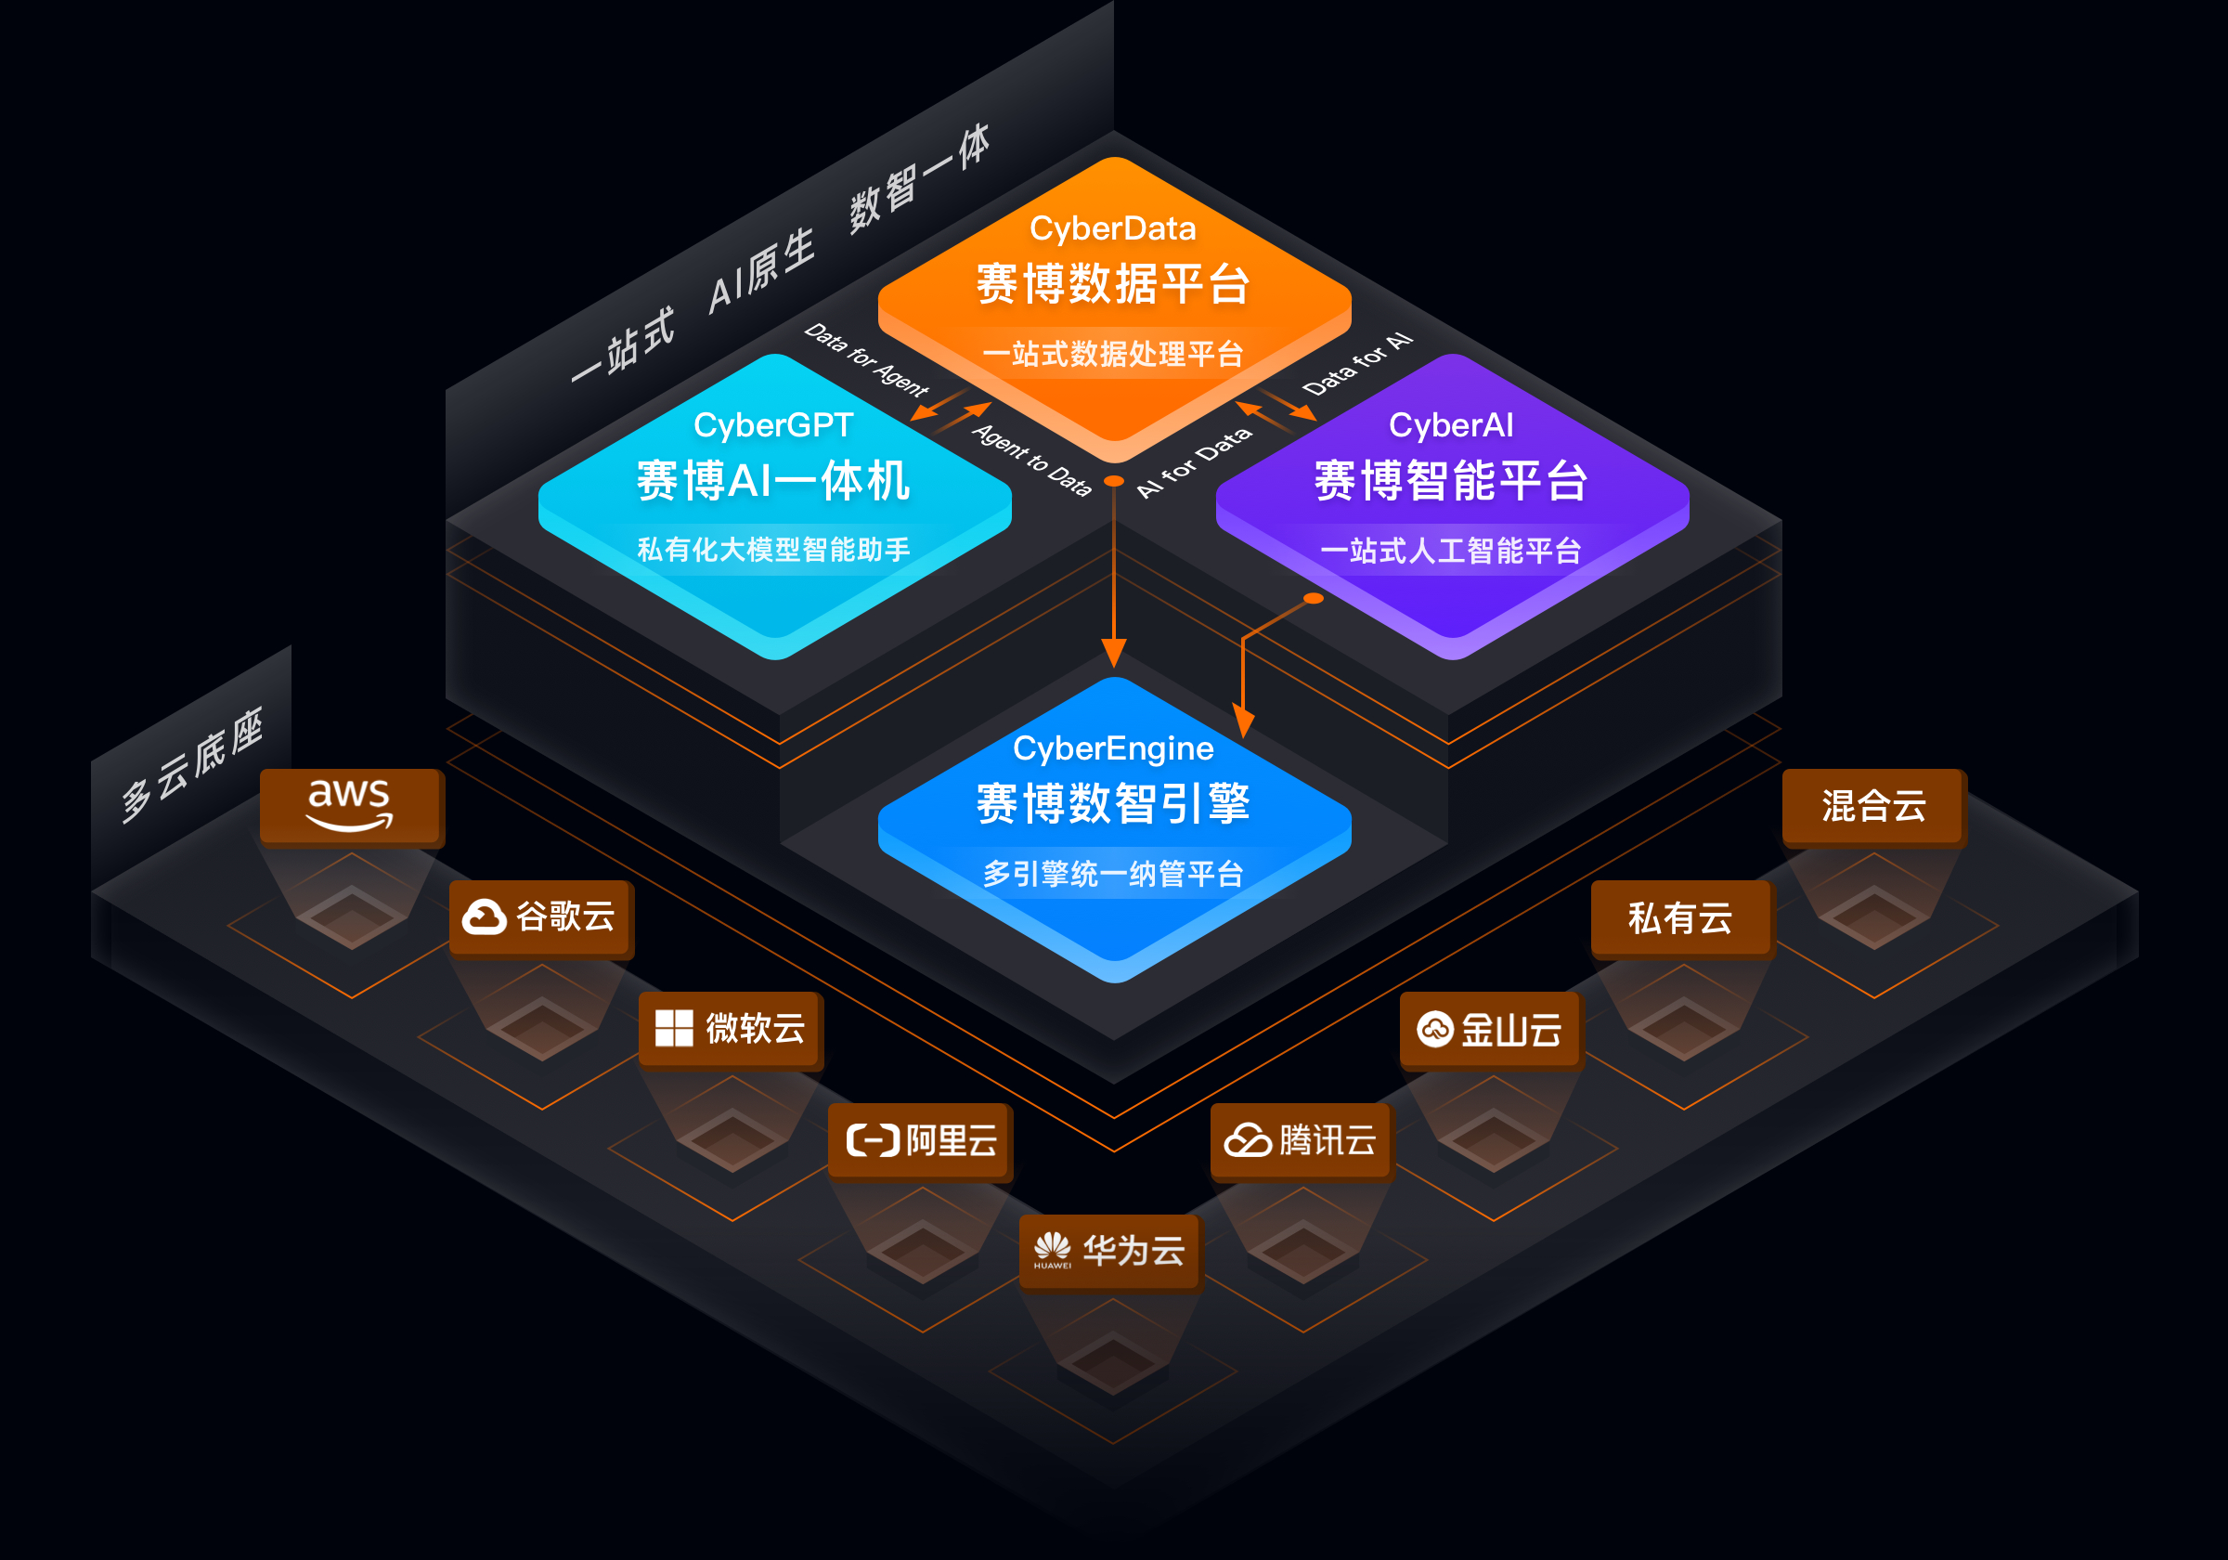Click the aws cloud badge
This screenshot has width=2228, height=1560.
pos(350,806)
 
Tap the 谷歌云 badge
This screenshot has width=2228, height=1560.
pos(540,916)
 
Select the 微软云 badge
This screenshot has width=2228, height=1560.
pos(731,1028)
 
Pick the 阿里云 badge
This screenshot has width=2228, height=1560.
pos(921,1139)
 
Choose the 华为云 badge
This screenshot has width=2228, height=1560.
pos(1110,1251)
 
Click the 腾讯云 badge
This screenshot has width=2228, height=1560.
pos(1301,1139)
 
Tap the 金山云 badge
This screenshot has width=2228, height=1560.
pos(1491,1029)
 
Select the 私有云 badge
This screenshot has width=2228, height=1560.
pos(1680,917)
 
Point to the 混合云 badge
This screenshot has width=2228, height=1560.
pos(1872,806)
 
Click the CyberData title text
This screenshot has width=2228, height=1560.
pos(1113,229)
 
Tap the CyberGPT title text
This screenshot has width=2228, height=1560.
pos(773,425)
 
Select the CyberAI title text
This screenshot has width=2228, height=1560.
pos(1451,425)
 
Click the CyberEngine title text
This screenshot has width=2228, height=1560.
pos(1113,748)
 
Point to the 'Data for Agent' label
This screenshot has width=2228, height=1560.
pos(866,360)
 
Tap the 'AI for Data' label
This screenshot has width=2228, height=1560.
pos(1195,462)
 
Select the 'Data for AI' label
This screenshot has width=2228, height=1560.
pos(1357,363)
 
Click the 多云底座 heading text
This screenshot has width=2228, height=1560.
pos(192,765)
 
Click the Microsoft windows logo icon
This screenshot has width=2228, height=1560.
pos(673,1028)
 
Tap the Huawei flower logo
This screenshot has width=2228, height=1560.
pos(1052,1246)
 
